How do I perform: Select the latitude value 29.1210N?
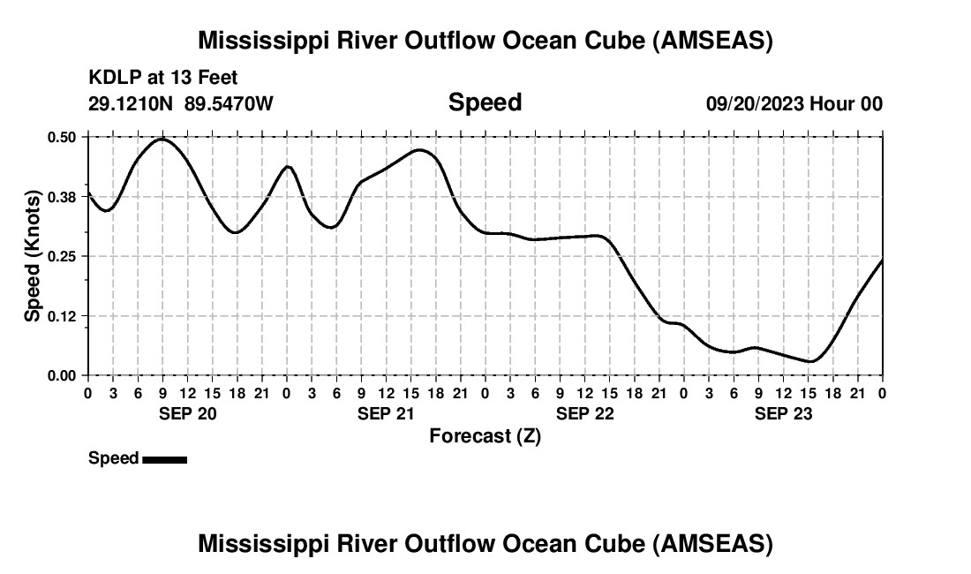pyautogui.click(x=132, y=103)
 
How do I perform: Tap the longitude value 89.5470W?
pyautogui.click(x=229, y=103)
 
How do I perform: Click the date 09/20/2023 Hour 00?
pyautogui.click(x=794, y=103)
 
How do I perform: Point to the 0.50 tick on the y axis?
pyautogui.click(x=62, y=137)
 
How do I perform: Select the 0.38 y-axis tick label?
pyautogui.click(x=62, y=197)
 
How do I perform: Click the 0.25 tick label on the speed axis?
pyautogui.click(x=62, y=256)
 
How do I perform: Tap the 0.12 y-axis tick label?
pyautogui.click(x=62, y=316)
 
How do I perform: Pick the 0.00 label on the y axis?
pyautogui.click(x=62, y=375)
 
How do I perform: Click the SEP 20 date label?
pyautogui.click(x=187, y=413)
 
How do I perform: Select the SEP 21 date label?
pyautogui.click(x=386, y=413)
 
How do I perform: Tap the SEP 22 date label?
pyautogui.click(x=584, y=413)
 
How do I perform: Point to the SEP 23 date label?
pyautogui.click(x=783, y=413)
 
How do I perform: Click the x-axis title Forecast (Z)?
pyautogui.click(x=485, y=436)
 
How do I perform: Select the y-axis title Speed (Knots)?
pyautogui.click(x=33, y=256)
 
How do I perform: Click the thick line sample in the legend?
pyautogui.click(x=164, y=459)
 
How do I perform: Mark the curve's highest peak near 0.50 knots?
pyautogui.click(x=162, y=139)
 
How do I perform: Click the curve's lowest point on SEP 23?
pyautogui.click(x=810, y=361)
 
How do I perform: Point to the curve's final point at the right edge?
pyautogui.click(x=882, y=260)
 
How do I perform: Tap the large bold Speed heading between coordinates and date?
pyautogui.click(x=485, y=102)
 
